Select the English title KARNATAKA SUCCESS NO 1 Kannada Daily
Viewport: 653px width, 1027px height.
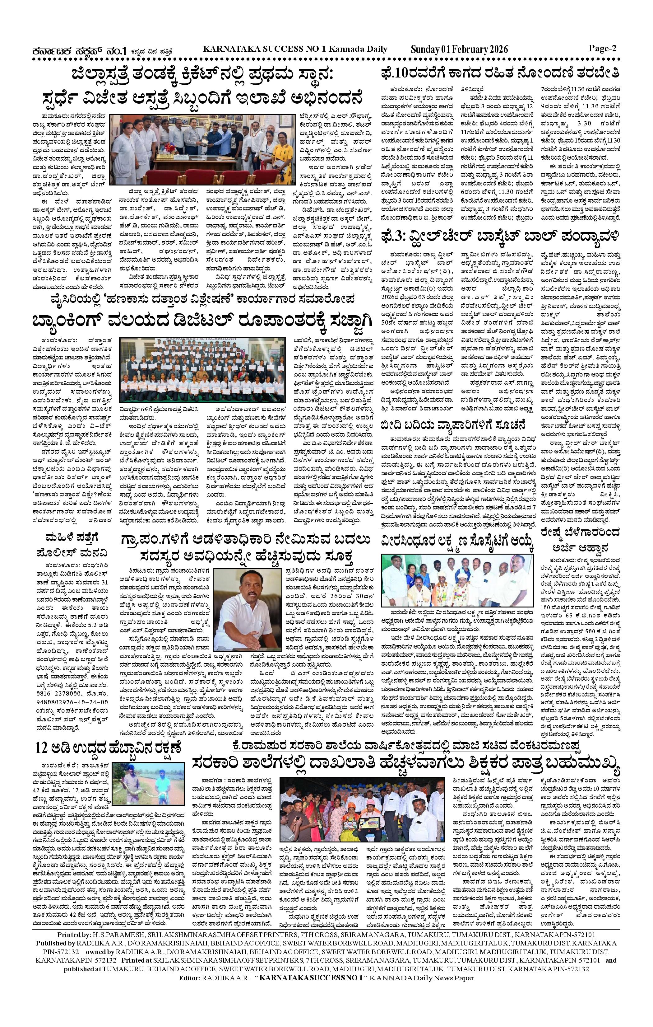click(295, 49)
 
